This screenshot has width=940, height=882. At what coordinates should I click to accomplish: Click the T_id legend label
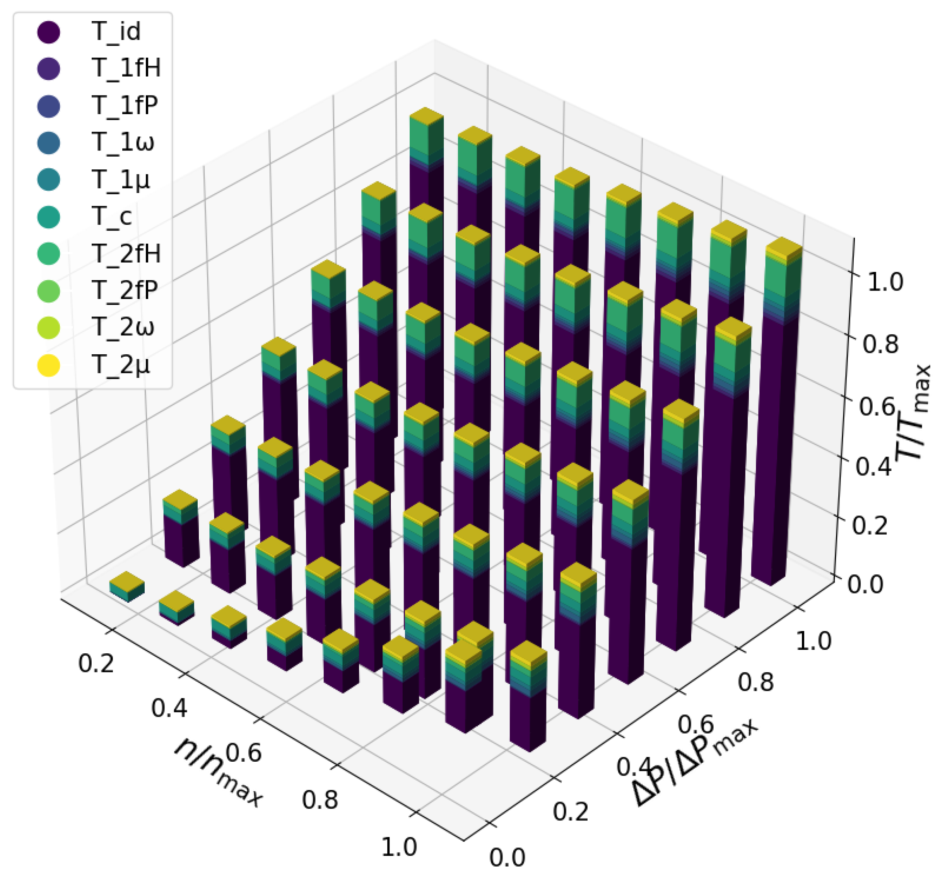point(116,32)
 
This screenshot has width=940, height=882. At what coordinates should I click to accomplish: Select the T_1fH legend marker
point(48,68)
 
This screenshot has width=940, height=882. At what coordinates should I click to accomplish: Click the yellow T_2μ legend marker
point(48,365)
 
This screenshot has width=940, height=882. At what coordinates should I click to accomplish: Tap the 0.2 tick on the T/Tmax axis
point(870,525)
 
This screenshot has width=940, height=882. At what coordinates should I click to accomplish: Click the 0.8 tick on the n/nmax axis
point(320,800)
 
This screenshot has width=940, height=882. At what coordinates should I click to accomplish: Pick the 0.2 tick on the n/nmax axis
point(96,663)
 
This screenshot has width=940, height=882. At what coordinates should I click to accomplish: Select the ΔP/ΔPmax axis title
point(695,761)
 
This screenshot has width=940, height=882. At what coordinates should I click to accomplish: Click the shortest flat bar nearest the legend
point(127,585)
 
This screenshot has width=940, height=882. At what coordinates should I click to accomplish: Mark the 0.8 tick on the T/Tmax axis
point(880,344)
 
